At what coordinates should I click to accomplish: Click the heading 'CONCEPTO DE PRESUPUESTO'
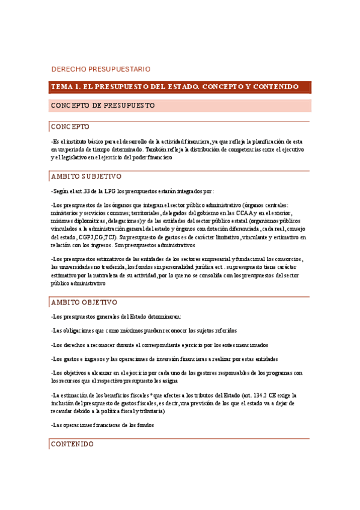(x=103, y=106)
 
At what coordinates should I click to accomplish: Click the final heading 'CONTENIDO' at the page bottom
(x=72, y=444)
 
